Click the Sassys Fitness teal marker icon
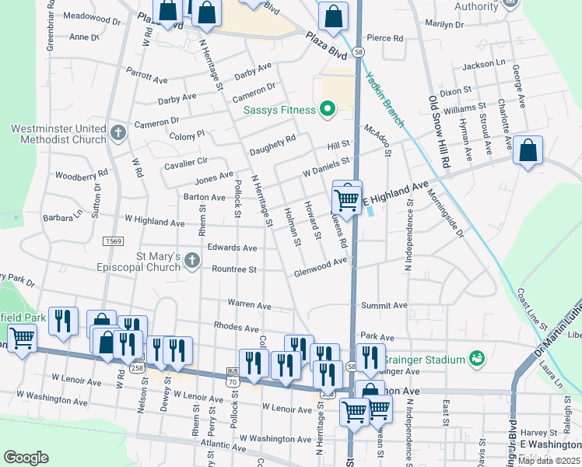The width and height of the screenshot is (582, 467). [328, 110]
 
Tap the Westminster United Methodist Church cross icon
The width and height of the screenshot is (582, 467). [117, 132]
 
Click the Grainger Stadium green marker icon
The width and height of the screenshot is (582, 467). [477, 359]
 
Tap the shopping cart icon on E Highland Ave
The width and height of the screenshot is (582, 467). [346, 199]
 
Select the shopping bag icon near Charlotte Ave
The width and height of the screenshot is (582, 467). [528, 152]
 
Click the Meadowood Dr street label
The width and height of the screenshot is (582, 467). [93, 16]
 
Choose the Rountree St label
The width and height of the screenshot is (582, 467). [234, 269]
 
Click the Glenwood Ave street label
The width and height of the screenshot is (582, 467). [321, 267]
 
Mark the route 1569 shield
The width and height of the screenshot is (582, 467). [112, 241]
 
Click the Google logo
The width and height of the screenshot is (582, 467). [26, 457]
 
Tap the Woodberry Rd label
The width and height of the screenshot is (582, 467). [81, 175]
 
